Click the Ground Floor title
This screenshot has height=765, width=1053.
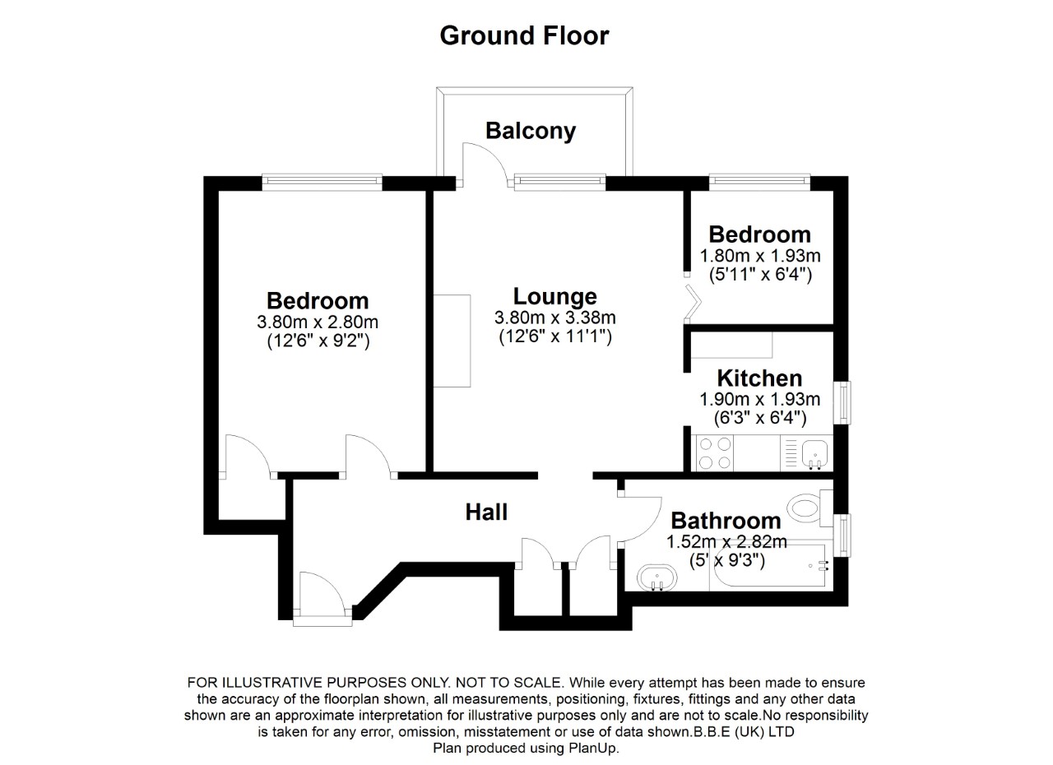524,36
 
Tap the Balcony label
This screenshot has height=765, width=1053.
530,131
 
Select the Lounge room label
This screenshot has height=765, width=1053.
554,296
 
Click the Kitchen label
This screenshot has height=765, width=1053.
759,378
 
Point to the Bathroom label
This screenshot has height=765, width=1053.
726,521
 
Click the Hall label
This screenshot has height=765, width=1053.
486,512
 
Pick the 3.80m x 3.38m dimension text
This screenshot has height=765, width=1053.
554,318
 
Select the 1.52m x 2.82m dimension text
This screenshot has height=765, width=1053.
726,542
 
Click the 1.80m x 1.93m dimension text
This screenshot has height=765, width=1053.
759,256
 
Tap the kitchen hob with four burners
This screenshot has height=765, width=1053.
714,452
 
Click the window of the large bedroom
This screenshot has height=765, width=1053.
322,180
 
